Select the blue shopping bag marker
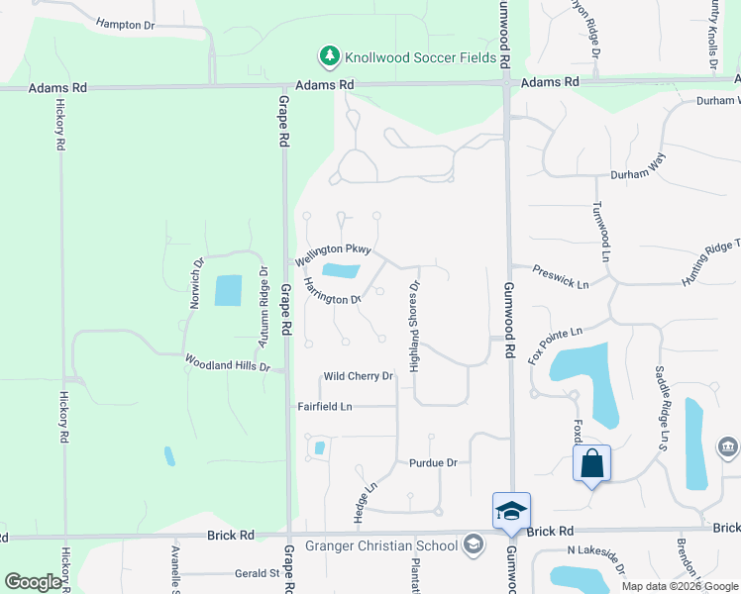click(x=591, y=464)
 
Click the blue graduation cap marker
click(x=511, y=511)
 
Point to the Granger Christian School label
click(x=380, y=545)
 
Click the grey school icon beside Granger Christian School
click(x=473, y=544)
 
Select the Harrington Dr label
click(x=332, y=290)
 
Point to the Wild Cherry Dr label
click(x=359, y=376)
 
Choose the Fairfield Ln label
click(x=325, y=406)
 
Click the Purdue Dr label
click(x=433, y=462)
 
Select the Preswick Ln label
click(x=561, y=276)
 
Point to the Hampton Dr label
click(x=127, y=22)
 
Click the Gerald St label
click(x=256, y=573)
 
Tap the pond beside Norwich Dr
click(x=228, y=290)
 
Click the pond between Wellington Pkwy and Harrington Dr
click(x=342, y=270)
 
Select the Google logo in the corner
click(x=34, y=582)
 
